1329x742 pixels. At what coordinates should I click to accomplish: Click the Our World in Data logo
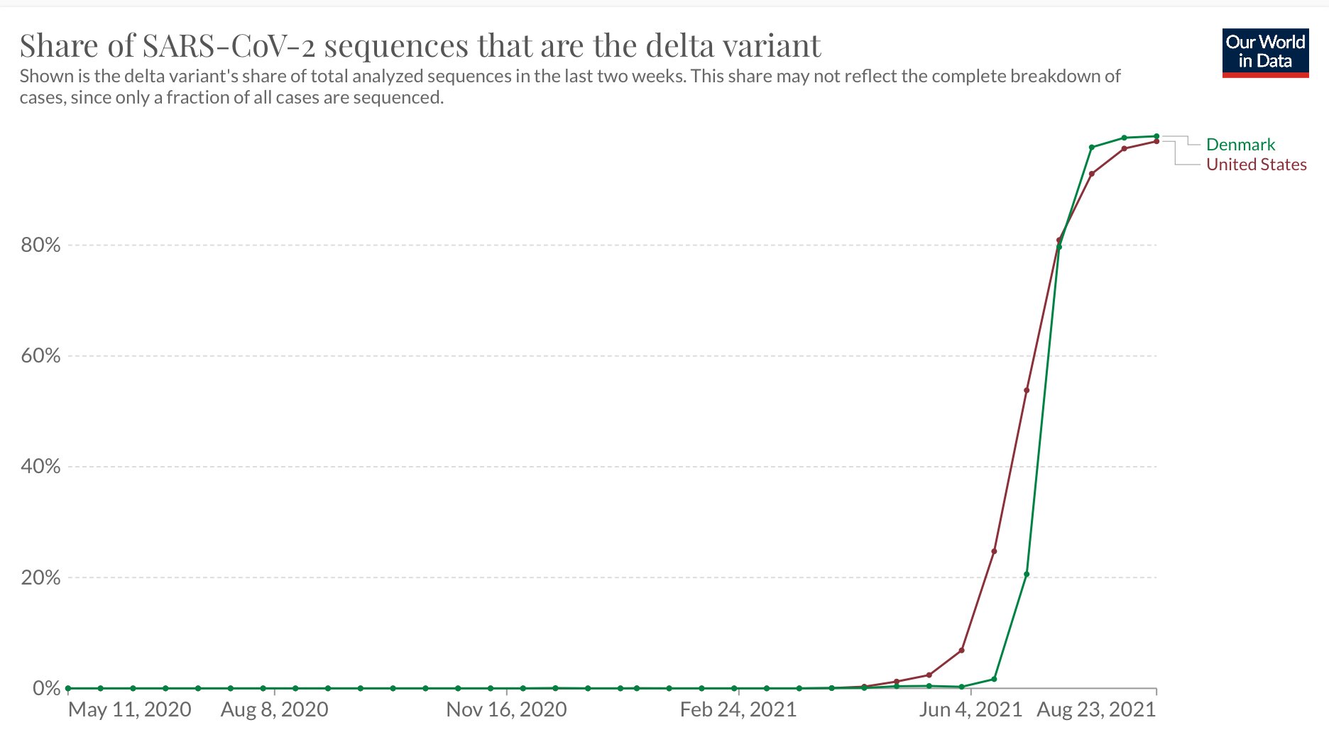pos(1265,52)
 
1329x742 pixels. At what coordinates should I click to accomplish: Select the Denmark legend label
pos(1240,145)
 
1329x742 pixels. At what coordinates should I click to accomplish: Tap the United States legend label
pos(1256,165)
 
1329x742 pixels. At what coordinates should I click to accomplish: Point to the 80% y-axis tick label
pos(40,245)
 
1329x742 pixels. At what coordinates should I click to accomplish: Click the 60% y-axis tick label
pos(40,356)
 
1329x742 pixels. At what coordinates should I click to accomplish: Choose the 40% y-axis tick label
pos(40,467)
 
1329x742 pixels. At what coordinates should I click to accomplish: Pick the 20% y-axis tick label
pos(40,577)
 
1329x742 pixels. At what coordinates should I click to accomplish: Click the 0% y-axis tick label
pos(46,688)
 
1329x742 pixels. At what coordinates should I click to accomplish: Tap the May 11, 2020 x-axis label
pos(130,709)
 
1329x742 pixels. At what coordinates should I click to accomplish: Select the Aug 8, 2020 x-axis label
pos(275,709)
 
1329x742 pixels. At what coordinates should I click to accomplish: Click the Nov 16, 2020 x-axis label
pos(506,709)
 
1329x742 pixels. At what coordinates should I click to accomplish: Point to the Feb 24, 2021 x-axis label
pos(738,709)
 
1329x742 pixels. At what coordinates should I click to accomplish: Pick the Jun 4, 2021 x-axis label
pos(970,709)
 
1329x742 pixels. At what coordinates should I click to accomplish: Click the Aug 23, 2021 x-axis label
pos(1096,709)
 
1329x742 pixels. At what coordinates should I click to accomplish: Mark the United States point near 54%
pos(1027,390)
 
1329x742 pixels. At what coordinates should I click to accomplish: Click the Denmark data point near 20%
pos(1027,574)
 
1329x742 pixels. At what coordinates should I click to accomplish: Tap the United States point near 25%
pos(994,551)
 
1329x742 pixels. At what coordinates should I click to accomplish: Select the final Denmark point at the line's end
pos(1156,136)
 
